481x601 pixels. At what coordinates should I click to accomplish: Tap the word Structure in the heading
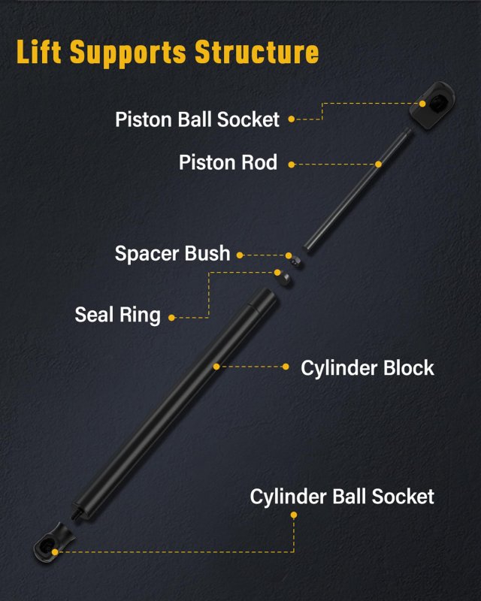[257, 52]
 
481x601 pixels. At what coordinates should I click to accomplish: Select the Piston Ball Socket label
[197, 119]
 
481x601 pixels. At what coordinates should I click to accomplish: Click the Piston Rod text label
[228, 162]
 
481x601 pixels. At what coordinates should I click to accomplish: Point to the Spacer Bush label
[172, 253]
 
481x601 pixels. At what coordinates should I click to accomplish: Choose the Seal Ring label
[117, 315]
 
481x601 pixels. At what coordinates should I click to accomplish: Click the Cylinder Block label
[367, 368]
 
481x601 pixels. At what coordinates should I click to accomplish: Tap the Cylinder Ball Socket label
[342, 497]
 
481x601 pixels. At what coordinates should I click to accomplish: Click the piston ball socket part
[432, 105]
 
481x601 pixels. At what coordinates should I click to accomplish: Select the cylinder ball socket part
[53, 544]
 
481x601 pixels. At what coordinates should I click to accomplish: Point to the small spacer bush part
[296, 261]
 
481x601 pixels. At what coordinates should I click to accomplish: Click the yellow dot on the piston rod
[378, 165]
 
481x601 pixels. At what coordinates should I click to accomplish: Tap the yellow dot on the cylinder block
[216, 367]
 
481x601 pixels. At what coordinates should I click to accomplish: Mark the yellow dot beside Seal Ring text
[172, 318]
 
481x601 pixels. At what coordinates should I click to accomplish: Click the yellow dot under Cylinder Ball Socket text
[294, 515]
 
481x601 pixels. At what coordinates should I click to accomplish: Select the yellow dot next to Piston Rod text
[292, 165]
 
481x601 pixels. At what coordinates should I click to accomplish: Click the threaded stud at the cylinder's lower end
[77, 515]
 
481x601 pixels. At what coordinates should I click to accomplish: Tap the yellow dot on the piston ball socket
[422, 104]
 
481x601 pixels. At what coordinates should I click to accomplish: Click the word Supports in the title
[129, 53]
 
